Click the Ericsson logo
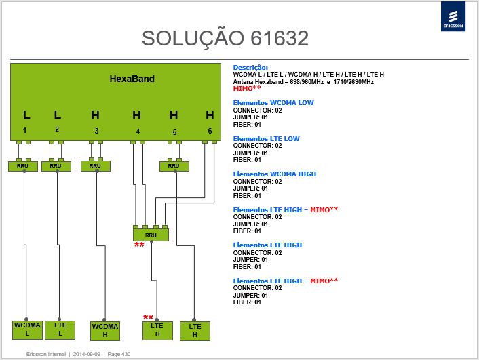click(x=453, y=16)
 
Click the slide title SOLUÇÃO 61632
click(x=225, y=39)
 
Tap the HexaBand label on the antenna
click(x=132, y=79)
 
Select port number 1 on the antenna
click(x=24, y=130)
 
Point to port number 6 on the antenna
click(x=210, y=131)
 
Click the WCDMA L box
click(x=27, y=329)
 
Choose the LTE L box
click(x=60, y=329)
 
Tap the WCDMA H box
click(x=105, y=331)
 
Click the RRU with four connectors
click(x=151, y=235)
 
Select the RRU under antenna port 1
click(x=23, y=166)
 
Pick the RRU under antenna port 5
click(x=174, y=166)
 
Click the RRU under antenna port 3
click(x=95, y=166)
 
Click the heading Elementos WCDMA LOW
click(x=273, y=103)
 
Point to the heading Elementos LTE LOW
click(x=266, y=138)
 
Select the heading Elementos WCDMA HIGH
click(x=275, y=174)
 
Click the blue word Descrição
click(x=250, y=68)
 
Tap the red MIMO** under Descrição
click(x=247, y=89)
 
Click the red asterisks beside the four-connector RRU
click(x=139, y=245)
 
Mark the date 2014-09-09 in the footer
click(x=86, y=354)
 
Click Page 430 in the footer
click(x=119, y=354)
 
